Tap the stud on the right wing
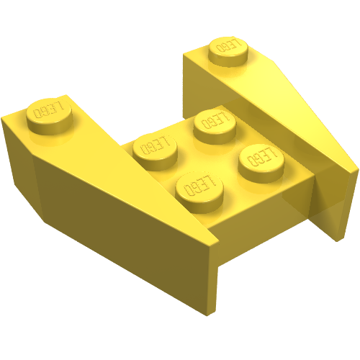pos(228,50)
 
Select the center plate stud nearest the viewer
pos(199,192)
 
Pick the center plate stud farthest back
pos(215,126)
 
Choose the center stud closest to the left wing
pos(156,152)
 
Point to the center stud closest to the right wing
pos(261,163)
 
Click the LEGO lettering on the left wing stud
pos(49,109)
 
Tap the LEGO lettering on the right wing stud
pos(228,45)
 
